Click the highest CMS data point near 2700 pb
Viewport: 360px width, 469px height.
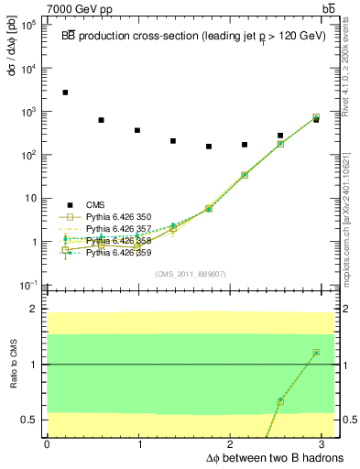pyautogui.click(x=65, y=93)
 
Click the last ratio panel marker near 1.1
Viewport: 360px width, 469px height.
pyautogui.click(x=316, y=353)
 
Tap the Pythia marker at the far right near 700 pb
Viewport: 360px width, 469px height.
pyautogui.click(x=316, y=117)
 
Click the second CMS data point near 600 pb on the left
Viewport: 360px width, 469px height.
pyautogui.click(x=101, y=120)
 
